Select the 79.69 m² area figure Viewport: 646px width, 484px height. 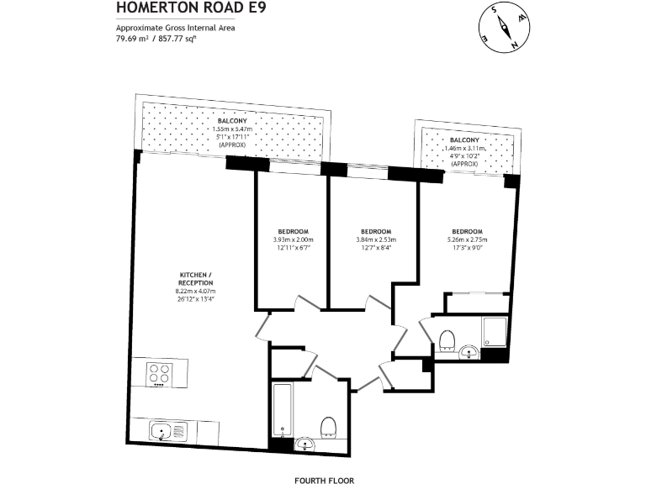(x=131, y=38)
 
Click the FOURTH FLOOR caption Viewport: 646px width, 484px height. (x=324, y=481)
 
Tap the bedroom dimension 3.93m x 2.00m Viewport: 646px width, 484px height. (x=292, y=240)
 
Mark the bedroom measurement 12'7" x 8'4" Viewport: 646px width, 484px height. (x=375, y=248)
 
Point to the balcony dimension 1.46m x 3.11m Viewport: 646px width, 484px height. (x=464, y=148)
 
